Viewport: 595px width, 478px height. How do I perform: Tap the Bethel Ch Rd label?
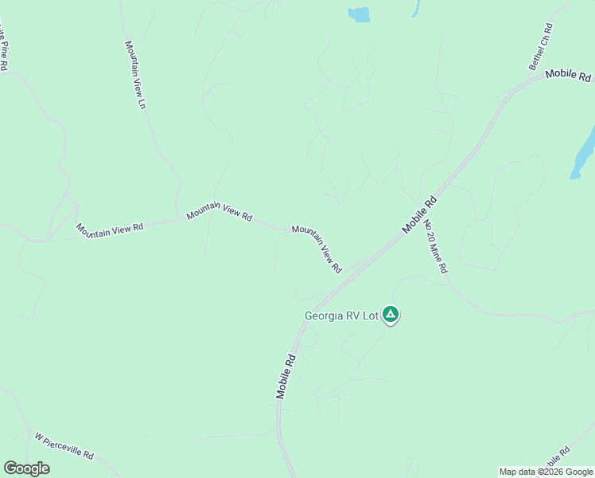541,47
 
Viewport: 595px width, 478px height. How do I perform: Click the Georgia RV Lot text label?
340,315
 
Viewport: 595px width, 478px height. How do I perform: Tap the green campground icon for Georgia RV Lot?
390,315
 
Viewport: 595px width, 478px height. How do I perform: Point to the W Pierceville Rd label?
64,446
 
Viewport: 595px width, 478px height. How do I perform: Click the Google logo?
26,468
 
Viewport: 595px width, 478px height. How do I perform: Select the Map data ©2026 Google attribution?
546,472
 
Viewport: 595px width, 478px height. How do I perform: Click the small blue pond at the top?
359,14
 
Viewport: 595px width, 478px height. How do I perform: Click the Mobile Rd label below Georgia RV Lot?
286,376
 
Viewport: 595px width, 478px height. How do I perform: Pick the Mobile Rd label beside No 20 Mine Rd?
421,214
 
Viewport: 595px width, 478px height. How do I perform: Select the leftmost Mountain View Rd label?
110,228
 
